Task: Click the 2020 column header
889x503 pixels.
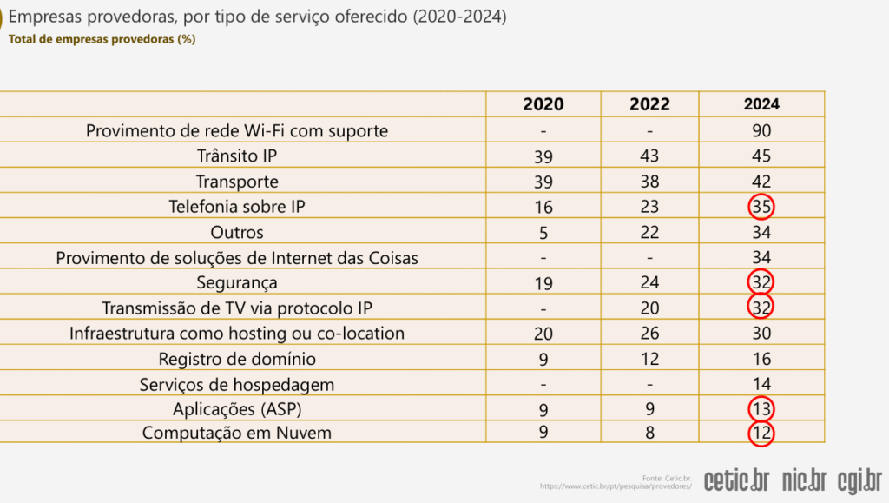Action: [543, 104]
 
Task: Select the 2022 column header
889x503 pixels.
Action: [649, 104]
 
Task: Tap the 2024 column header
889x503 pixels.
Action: [761, 104]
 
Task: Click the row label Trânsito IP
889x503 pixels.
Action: [237, 156]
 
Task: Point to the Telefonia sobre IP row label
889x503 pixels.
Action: [237, 207]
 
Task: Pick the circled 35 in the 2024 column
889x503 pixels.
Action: [761, 207]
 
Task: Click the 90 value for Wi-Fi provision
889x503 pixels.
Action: [761, 131]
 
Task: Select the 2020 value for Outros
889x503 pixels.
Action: [543, 233]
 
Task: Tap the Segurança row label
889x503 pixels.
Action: [237, 283]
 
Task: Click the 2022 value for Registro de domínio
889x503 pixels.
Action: [649, 359]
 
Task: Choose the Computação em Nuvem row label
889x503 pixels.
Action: [237, 433]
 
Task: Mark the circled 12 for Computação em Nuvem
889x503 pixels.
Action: [761, 433]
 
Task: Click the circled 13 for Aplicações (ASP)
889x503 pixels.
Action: [761, 408]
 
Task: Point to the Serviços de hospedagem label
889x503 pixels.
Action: [237, 384]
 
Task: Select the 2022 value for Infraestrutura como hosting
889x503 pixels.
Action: [649, 334]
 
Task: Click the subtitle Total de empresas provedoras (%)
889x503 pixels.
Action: [101, 40]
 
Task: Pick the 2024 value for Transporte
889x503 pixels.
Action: [761, 182]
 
